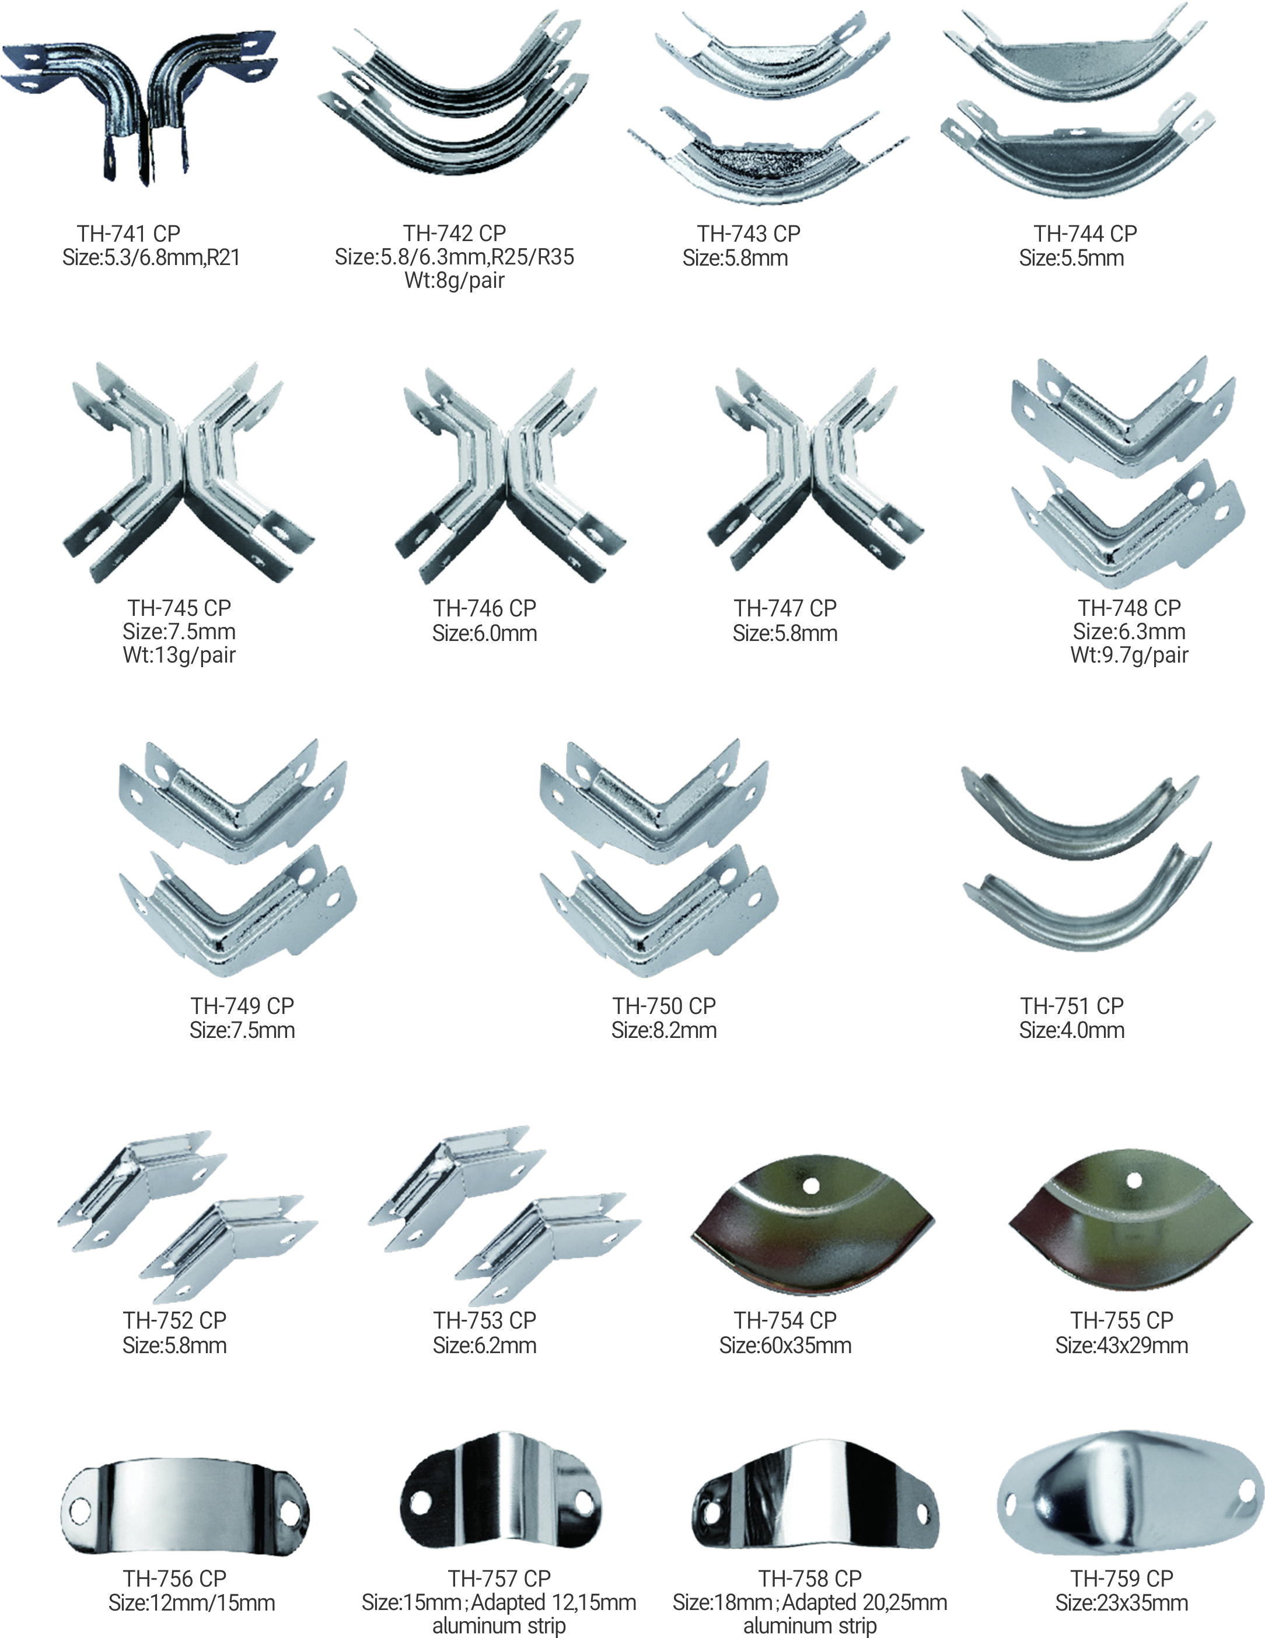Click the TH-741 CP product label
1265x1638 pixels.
(128, 233)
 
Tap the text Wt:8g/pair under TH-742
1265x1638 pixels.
(455, 281)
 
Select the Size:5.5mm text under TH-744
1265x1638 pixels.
(1071, 258)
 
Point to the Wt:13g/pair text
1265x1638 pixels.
(179, 655)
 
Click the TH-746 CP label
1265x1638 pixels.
(484, 608)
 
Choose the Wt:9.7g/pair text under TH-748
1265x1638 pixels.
(1129, 655)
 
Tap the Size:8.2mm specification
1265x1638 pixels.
(663, 1030)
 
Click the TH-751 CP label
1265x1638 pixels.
(1071, 1006)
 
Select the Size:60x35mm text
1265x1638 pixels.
(785, 1345)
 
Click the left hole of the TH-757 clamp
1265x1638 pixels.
(421, 1502)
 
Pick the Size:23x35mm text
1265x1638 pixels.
(1122, 1603)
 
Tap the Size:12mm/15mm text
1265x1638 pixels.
(192, 1603)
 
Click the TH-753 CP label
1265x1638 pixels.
(484, 1321)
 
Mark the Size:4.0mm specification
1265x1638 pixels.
(1071, 1030)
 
